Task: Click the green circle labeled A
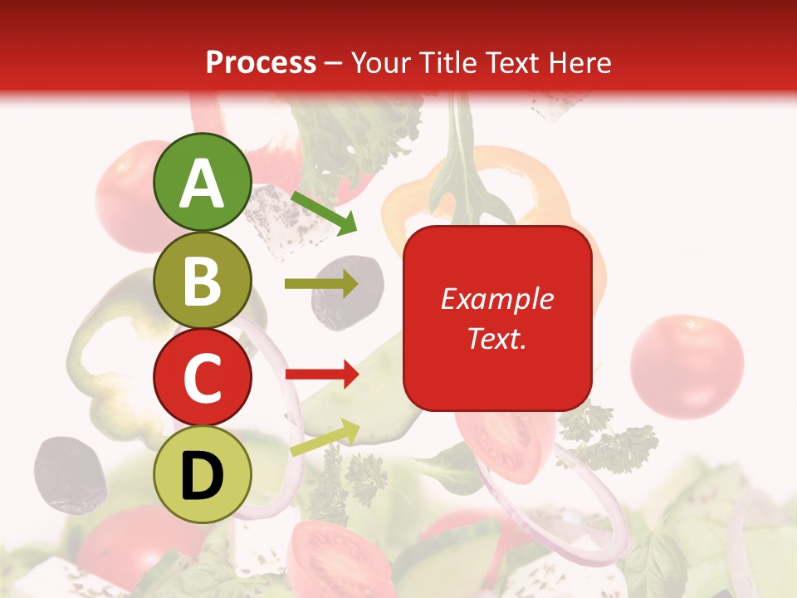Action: pyautogui.click(x=202, y=183)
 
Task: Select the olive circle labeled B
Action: pyautogui.click(x=202, y=281)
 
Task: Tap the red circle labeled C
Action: pyautogui.click(x=202, y=378)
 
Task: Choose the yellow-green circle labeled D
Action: pyautogui.click(x=202, y=474)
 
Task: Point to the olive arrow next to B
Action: pyautogui.click(x=321, y=284)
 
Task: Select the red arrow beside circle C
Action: pyautogui.click(x=321, y=375)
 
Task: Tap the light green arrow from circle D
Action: pyautogui.click(x=325, y=438)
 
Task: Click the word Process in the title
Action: pyautogui.click(x=261, y=62)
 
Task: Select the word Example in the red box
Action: pyautogui.click(x=496, y=299)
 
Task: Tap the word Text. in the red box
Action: pyautogui.click(x=496, y=338)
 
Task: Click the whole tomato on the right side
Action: pyautogui.click(x=687, y=365)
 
